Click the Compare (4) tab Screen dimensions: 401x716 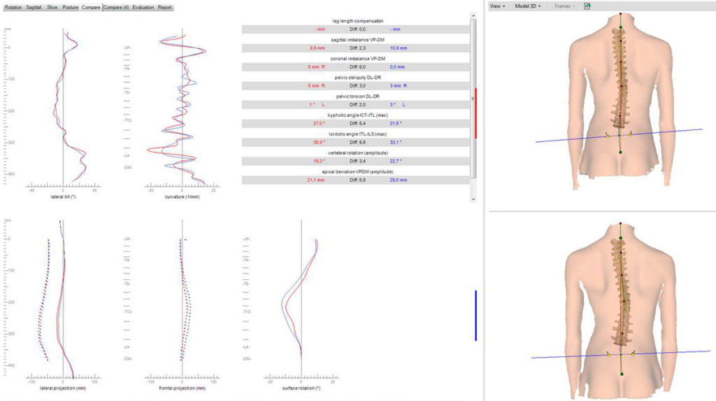click(116, 7)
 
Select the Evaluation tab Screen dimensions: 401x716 click(143, 7)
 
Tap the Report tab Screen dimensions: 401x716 click(164, 7)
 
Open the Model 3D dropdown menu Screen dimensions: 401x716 click(527, 6)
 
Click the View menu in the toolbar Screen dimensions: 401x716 click(497, 6)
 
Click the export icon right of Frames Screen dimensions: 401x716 click(588, 6)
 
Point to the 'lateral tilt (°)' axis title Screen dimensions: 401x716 click(63, 197)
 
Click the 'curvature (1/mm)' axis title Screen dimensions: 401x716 click(181, 197)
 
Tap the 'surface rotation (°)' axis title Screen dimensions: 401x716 click(300, 387)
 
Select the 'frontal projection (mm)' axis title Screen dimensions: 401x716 click(181, 387)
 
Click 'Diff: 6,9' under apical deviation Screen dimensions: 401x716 click(358, 180)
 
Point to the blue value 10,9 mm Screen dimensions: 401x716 click(397, 48)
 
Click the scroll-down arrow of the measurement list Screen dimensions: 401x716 click(473, 199)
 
